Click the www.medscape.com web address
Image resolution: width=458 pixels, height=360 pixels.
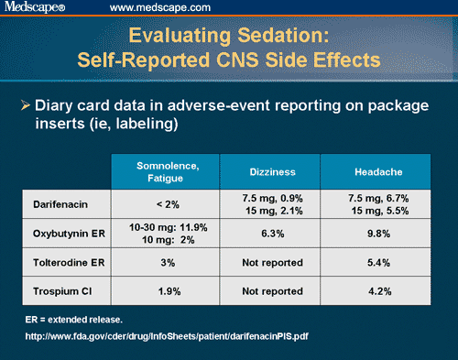(x=153, y=8)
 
